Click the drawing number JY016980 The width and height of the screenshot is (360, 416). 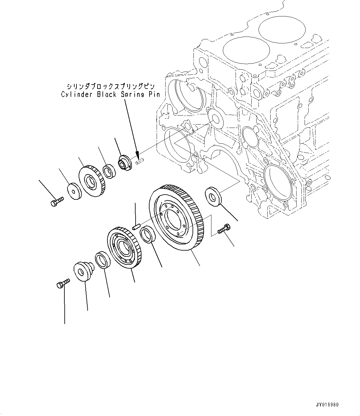point(327,405)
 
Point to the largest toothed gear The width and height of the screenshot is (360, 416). point(176,217)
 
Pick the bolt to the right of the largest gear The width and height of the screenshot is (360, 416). point(223,229)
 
